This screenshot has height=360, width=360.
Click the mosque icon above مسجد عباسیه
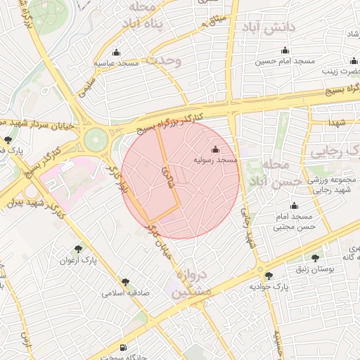(116, 53)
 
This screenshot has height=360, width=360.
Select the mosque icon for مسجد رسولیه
(215, 150)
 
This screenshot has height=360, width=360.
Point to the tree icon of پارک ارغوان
(78, 248)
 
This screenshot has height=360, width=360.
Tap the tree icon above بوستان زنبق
(314, 258)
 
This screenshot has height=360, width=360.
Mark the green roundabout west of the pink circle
(94, 141)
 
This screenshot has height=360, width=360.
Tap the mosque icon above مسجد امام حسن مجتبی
(294, 206)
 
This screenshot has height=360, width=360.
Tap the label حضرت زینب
(340, 71)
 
